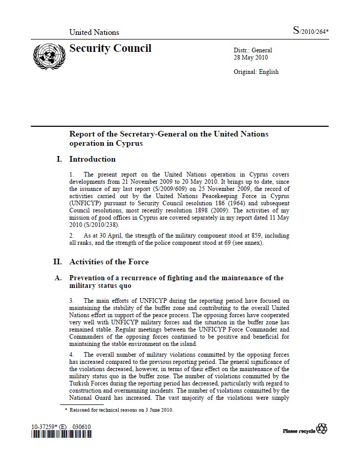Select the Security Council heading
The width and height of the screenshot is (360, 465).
pyautogui.click(x=110, y=49)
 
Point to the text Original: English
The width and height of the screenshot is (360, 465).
pyautogui.click(x=256, y=72)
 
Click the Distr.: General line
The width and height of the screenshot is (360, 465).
pyautogui.click(x=253, y=50)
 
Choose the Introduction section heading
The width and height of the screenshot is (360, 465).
pyautogui.click(x=92, y=159)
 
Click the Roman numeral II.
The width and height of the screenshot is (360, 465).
pyautogui.click(x=58, y=262)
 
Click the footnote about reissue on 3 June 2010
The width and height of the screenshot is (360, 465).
pyautogui.click(x=121, y=410)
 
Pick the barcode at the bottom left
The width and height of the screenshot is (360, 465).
pyautogui.click(x=62, y=435)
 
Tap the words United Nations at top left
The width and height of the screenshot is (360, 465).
pyautogui.click(x=94, y=32)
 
